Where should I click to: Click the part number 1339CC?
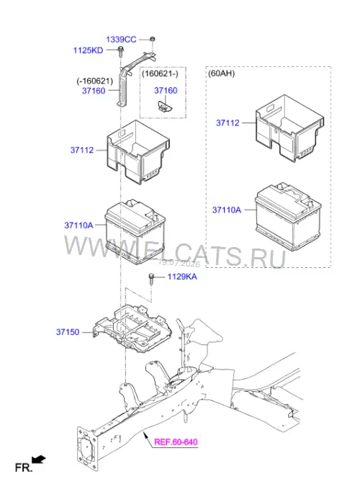click(121, 40)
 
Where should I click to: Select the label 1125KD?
click(88, 50)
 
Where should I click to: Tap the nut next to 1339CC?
click(152, 39)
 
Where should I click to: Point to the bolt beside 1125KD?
click(120, 51)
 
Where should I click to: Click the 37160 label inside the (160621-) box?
click(166, 91)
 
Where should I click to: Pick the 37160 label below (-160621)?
click(94, 91)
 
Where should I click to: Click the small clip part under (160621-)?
click(164, 107)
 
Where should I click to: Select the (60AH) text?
click(221, 73)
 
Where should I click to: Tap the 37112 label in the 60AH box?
click(228, 122)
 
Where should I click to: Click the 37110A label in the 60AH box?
click(227, 210)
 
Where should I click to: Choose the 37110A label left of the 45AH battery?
click(78, 225)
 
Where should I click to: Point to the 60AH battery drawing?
click(288, 217)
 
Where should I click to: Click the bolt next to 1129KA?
click(151, 279)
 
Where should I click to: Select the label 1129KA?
click(182, 277)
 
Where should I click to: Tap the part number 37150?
click(68, 331)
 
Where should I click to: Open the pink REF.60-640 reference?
click(176, 442)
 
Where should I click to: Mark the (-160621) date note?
click(95, 81)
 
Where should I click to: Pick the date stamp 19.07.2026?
click(179, 264)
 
